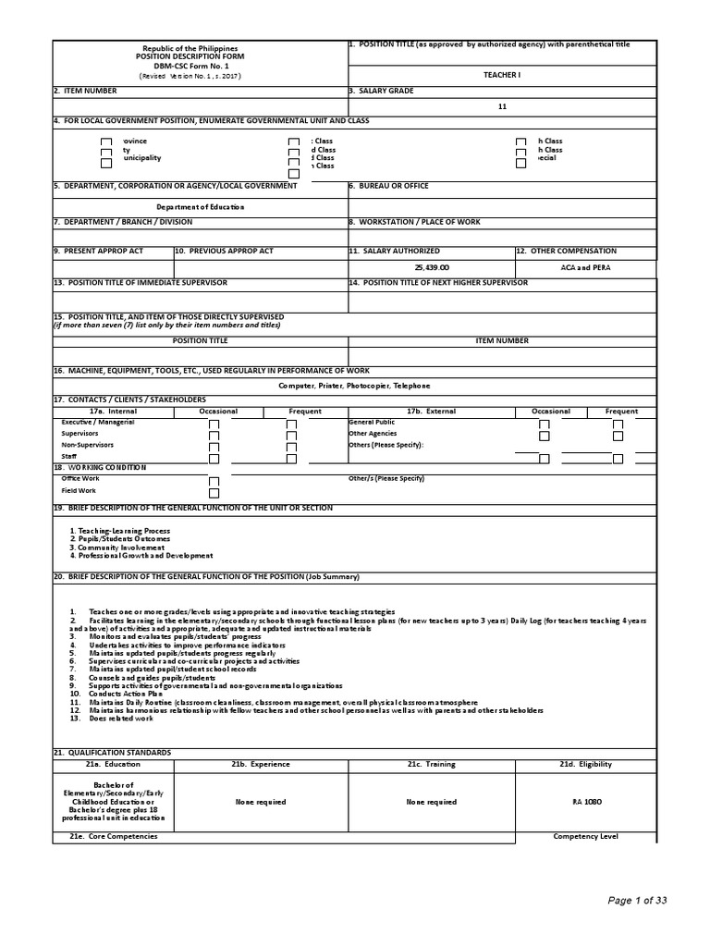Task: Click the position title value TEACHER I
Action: tap(502, 73)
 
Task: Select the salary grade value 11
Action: tap(502, 107)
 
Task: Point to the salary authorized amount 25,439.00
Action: tap(431, 266)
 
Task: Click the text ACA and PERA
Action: tap(584, 266)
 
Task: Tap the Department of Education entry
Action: tap(200, 207)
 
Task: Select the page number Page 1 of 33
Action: tap(637, 901)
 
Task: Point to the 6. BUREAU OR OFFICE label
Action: tap(388, 186)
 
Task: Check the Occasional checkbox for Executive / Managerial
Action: tap(214, 424)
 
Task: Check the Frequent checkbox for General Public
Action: tap(618, 424)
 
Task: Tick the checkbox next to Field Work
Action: tap(214, 492)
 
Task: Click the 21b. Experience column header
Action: tap(261, 764)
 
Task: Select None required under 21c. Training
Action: tap(431, 802)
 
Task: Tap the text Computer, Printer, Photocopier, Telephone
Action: tap(354, 385)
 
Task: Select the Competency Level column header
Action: tap(585, 836)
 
